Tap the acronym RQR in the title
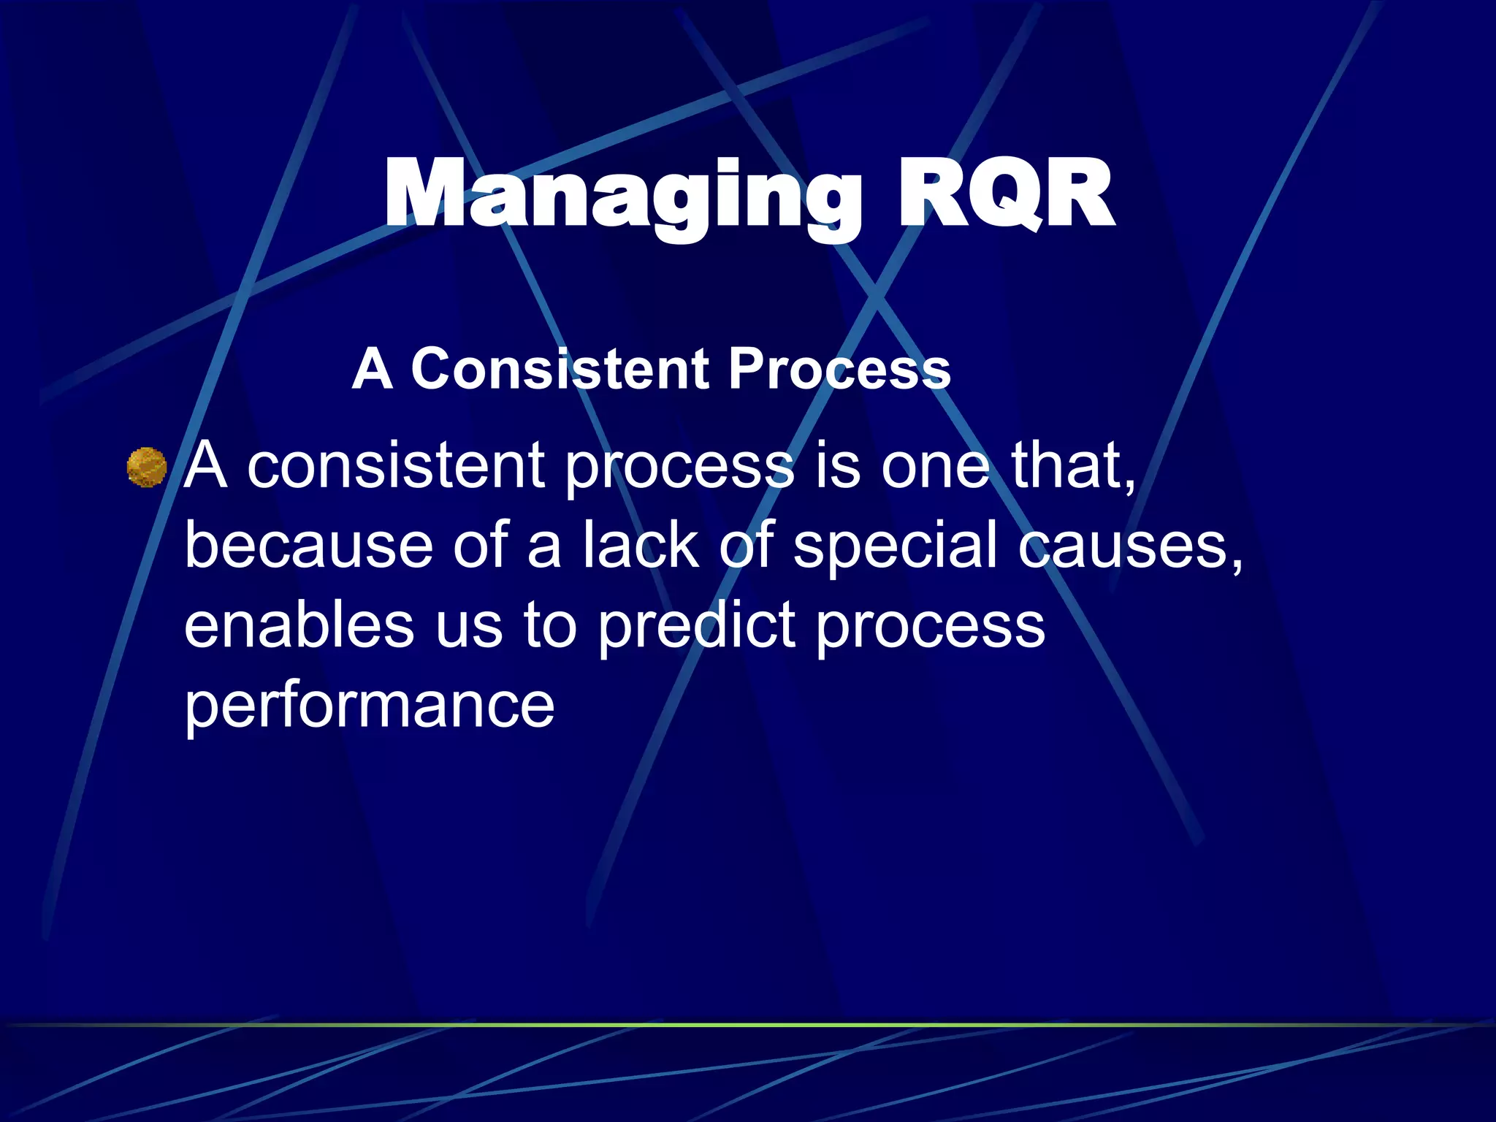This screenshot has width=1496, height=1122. point(1006,196)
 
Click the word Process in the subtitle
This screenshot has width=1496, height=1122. point(840,369)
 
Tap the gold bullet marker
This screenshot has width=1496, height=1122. point(147,467)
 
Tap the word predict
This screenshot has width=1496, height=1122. point(696,627)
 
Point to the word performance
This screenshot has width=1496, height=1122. point(369,706)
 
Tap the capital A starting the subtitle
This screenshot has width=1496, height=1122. point(373,369)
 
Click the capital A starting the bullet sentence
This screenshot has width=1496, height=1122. point(205,466)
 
